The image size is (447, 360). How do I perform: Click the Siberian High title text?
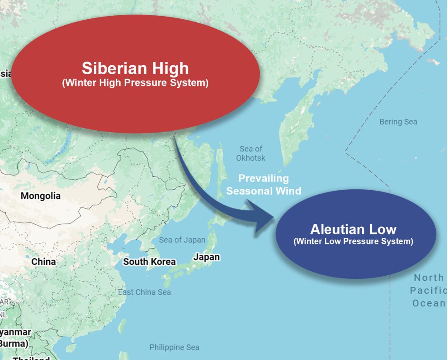point(135,69)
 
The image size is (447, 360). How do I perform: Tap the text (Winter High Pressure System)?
point(135,82)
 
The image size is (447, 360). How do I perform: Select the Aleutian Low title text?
point(353,229)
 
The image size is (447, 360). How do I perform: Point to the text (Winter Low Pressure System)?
point(353,241)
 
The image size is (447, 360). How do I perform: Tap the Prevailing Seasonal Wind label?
point(264,185)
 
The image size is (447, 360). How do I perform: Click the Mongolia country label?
point(41,196)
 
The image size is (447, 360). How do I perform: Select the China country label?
point(44,262)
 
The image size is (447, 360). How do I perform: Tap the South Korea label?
point(149,262)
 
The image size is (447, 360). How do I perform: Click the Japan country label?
point(206,257)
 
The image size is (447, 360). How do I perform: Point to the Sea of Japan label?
point(182,240)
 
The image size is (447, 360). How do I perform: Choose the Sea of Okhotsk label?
point(251,154)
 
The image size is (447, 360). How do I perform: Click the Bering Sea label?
point(398,122)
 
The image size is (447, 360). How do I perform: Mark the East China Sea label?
point(144,292)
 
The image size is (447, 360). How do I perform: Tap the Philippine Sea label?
point(174,347)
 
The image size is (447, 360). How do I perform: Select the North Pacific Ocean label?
point(429,290)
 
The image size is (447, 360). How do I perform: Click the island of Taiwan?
point(122,325)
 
